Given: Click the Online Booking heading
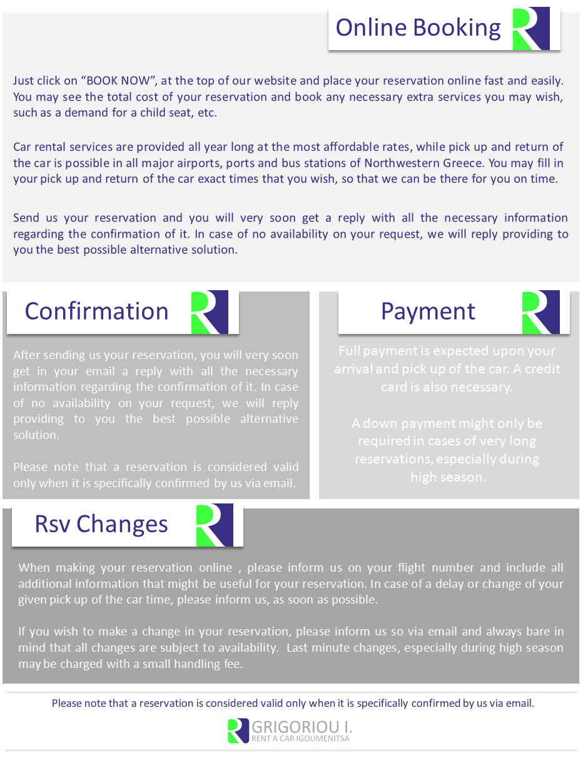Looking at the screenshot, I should (418, 28).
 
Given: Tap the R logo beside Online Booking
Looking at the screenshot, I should (530, 29).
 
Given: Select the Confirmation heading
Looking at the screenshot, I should (96, 311).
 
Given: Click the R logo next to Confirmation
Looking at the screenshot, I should (209, 312).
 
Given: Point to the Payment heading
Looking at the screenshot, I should (428, 311).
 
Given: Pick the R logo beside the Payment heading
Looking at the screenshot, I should (540, 312).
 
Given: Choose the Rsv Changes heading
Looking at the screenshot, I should (101, 524).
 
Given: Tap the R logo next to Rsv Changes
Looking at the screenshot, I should (215, 525).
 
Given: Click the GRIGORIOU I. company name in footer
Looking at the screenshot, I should (302, 727).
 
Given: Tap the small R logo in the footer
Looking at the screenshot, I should (238, 730).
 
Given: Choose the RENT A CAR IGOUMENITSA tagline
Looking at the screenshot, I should (300, 739).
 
